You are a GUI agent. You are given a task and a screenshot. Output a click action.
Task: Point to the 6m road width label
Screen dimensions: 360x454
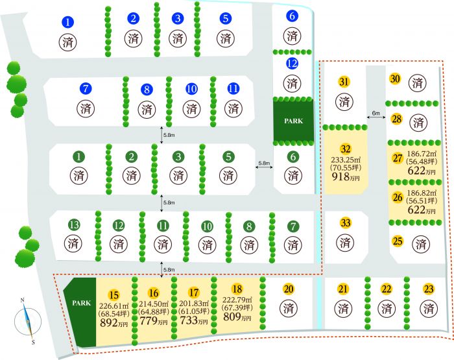[376, 114]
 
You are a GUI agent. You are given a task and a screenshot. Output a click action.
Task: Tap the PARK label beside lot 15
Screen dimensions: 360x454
[81, 303]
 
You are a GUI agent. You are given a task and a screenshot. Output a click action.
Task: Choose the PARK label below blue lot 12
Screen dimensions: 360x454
[292, 121]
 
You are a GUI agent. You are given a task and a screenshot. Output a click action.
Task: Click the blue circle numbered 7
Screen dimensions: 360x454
[85, 88]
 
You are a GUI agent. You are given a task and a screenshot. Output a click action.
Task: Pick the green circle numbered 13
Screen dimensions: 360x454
[75, 225]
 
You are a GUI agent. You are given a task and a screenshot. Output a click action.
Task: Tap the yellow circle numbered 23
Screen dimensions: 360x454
[428, 289]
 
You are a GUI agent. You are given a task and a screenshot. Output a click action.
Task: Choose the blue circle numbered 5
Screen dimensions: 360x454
[225, 18]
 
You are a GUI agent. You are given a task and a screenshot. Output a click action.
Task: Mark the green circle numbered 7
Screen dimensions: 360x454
[293, 226]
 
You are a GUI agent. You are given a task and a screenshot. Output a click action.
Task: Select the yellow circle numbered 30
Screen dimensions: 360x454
[395, 79]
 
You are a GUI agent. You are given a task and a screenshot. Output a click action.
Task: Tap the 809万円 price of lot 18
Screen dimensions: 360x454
[237, 318]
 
